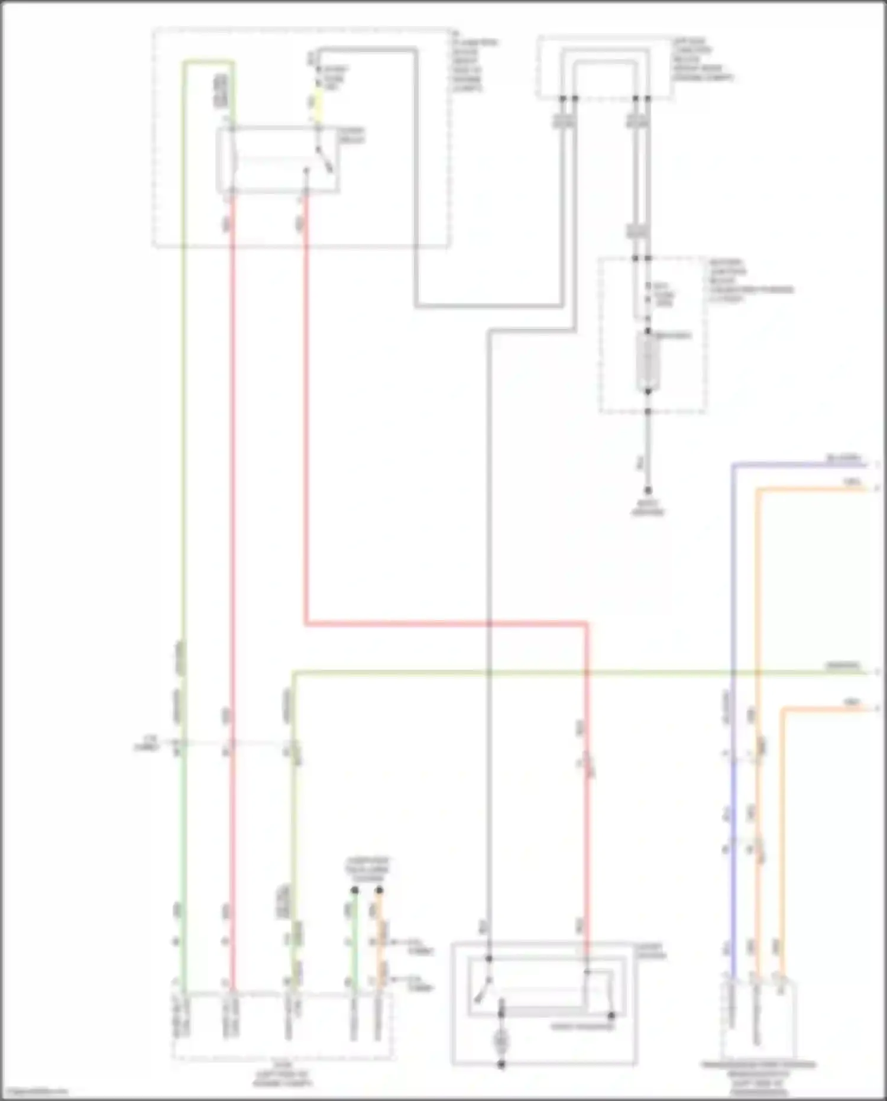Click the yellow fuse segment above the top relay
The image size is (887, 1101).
[x=318, y=104]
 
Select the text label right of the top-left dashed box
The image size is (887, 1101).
[x=474, y=65]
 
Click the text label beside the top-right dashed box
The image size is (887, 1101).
[x=703, y=60]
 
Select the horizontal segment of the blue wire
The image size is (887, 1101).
[x=798, y=465]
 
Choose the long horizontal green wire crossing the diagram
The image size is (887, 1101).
[x=532, y=672]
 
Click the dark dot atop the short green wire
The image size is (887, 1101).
[x=355, y=890]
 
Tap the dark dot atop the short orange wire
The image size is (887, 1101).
[x=379, y=890]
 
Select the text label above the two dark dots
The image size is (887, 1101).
[x=367, y=870]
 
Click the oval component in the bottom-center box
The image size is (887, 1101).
[x=501, y=1039]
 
